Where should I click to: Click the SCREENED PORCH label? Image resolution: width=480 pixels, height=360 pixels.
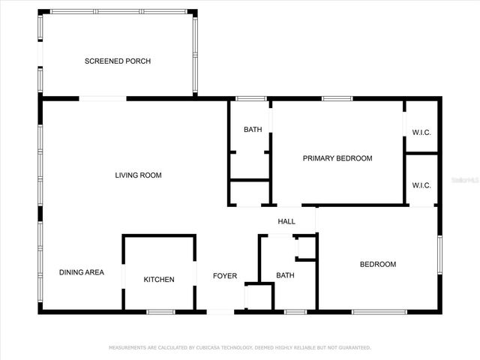[x=118, y=61]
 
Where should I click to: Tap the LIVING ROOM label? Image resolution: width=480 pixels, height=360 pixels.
[x=138, y=175]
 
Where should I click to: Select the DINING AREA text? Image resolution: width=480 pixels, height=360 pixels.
[x=82, y=272]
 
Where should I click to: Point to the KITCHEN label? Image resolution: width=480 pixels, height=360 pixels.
[x=159, y=280]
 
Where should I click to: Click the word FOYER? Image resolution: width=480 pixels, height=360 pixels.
[x=224, y=276]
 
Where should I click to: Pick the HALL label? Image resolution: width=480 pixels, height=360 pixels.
[x=286, y=222]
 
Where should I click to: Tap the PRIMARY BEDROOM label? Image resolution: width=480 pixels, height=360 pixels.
[x=337, y=158]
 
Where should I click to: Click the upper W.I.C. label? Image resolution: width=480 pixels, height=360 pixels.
[x=421, y=133]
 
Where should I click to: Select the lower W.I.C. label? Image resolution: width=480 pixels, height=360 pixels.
[x=421, y=185]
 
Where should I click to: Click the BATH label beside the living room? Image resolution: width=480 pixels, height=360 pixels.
[x=253, y=130]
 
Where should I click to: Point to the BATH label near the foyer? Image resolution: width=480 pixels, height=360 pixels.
[x=285, y=275]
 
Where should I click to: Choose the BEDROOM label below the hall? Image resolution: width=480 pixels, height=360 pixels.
[x=378, y=264]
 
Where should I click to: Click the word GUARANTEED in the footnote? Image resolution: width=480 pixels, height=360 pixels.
[x=352, y=348]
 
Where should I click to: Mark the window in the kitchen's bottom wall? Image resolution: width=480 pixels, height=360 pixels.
[x=160, y=311]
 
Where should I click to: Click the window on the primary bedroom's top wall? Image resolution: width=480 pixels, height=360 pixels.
[x=337, y=98]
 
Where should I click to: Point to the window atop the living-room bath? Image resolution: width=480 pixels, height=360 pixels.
[x=251, y=98]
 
